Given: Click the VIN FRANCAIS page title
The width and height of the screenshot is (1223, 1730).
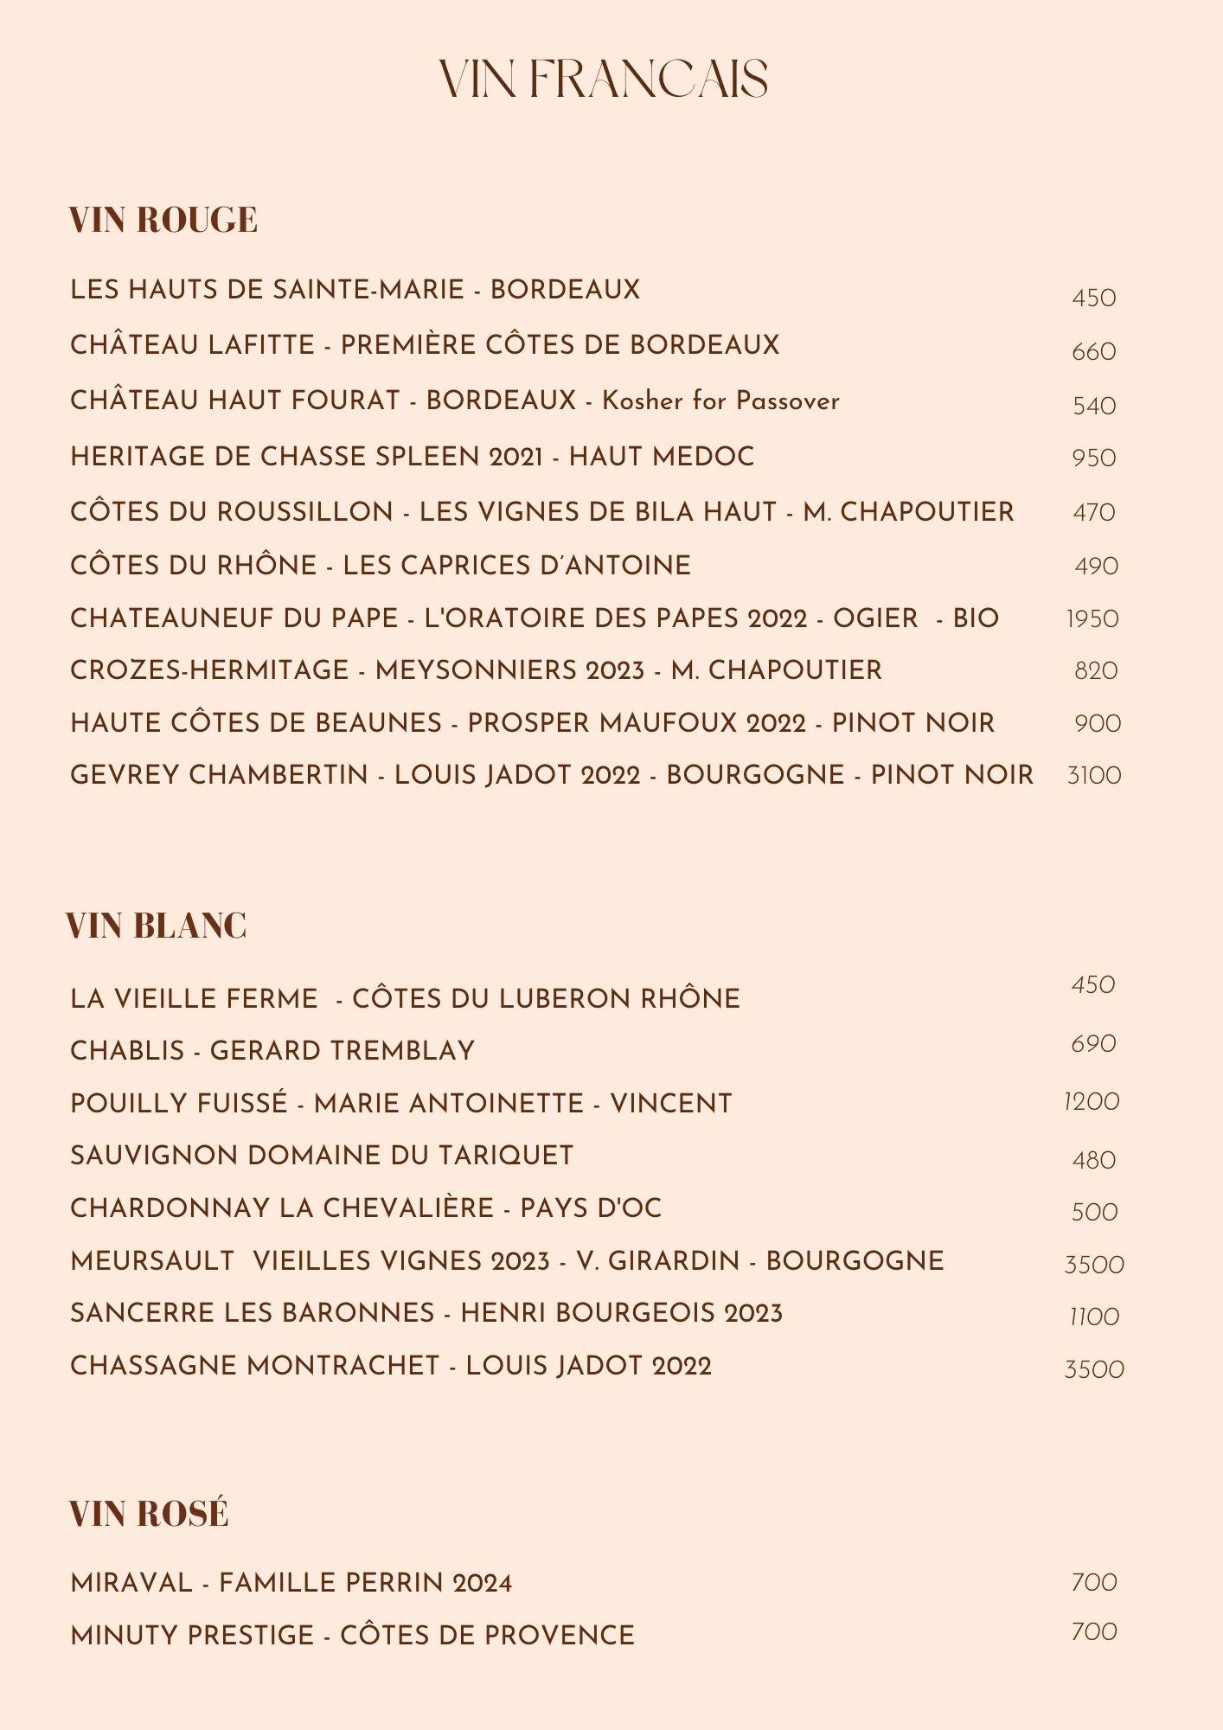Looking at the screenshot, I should tap(603, 80).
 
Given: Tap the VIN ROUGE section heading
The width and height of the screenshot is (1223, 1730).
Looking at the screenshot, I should tap(163, 220).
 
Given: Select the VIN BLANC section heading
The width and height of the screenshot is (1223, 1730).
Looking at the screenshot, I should tap(157, 926).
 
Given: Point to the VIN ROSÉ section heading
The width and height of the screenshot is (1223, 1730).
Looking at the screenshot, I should tap(149, 1514).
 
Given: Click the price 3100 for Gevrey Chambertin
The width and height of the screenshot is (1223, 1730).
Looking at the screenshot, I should tap(1094, 775).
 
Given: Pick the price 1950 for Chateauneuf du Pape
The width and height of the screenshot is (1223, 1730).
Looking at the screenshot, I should tap(1092, 619).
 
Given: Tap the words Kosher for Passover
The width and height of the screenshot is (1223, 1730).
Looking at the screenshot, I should tap(720, 400).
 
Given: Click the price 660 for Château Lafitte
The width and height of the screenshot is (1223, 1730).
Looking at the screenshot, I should tap(1094, 352).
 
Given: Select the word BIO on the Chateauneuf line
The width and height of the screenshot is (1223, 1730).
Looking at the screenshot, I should tap(976, 618).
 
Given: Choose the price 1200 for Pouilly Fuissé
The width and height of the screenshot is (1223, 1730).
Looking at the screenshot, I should tap(1092, 1102).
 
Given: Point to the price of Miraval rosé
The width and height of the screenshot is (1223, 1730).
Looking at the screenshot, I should tap(1094, 1582).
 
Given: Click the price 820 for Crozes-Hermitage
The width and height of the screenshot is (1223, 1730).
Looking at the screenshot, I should tap(1096, 671).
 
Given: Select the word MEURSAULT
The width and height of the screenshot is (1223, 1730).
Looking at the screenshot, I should tap(152, 1261).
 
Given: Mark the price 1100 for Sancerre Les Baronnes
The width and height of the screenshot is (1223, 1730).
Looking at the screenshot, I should tap(1094, 1317).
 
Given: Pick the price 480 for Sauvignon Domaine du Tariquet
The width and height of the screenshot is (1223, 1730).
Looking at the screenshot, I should tap(1094, 1160).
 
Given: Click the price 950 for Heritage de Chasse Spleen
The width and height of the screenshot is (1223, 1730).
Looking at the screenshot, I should tap(1094, 458).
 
